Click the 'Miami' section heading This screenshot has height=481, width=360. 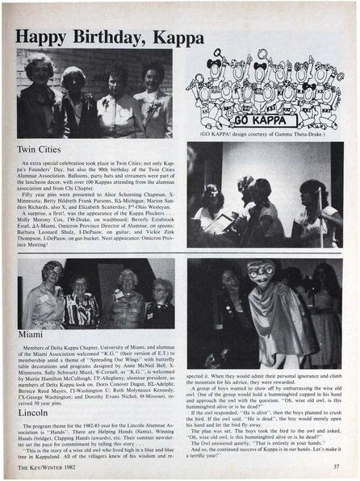point(31,333)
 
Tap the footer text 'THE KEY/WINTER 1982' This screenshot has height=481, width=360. point(46,466)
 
